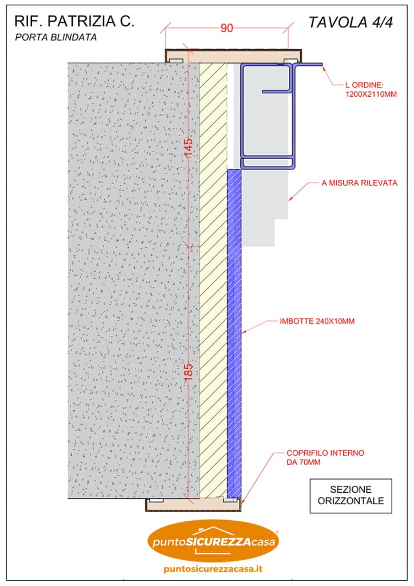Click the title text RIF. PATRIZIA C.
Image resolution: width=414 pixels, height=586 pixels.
(74, 21)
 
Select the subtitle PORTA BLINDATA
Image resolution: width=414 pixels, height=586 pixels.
(55, 37)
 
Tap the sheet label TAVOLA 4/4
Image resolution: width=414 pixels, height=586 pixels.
(351, 22)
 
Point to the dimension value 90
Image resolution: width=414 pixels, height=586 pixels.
(226, 29)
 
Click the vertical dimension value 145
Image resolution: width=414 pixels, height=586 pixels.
(189, 148)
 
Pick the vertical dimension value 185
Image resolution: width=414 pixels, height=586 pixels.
(189, 372)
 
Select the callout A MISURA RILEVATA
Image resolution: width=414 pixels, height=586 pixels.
(360, 183)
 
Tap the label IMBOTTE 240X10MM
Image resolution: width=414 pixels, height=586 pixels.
(317, 321)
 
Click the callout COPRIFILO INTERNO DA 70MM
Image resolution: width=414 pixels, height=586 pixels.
(325, 457)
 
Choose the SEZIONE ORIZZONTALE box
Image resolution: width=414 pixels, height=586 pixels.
(351, 496)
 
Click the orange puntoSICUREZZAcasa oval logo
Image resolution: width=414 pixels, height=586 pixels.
(213, 541)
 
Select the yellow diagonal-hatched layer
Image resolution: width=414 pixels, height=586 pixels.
(213, 280)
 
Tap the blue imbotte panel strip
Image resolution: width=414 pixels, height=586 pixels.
(234, 334)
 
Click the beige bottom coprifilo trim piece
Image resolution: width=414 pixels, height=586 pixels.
(193, 505)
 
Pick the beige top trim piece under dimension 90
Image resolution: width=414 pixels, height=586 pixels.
(233, 56)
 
